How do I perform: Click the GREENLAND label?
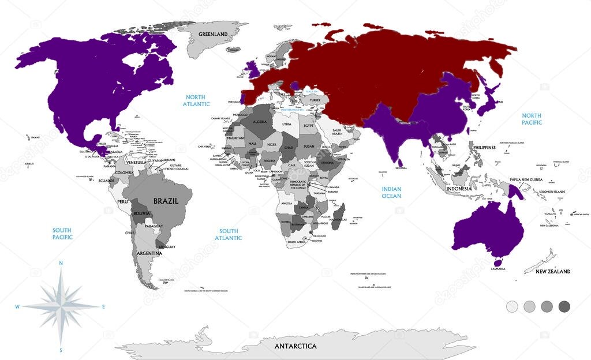point(213,35)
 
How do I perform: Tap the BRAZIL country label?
point(165,201)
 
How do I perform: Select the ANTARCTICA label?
point(295,346)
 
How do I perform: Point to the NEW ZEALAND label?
point(552,271)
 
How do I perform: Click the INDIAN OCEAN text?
point(391,193)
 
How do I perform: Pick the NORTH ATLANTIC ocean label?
point(197,100)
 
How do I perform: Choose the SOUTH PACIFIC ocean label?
point(62,234)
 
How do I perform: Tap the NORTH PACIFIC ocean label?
point(532,119)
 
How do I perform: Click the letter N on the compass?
point(61,263)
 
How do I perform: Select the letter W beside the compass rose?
point(17,306)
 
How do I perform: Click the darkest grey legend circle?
point(564,306)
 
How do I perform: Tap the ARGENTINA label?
point(149,253)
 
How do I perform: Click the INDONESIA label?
point(459,189)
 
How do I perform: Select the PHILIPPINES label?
point(484,148)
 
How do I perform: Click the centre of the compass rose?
point(61,306)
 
